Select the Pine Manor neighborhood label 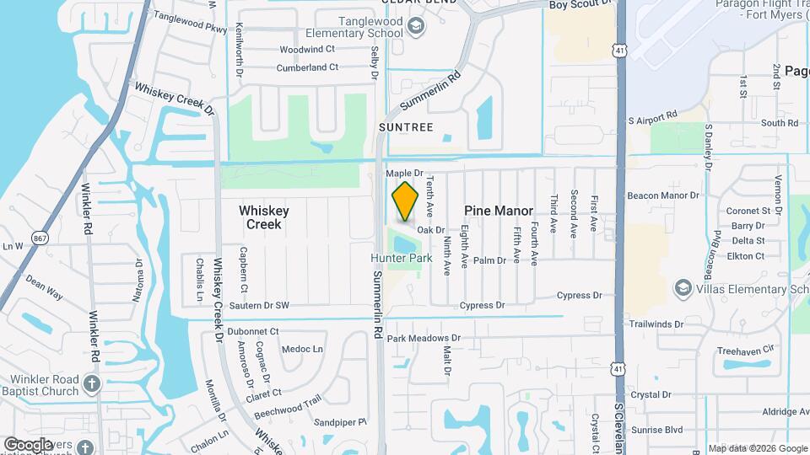click(x=499, y=211)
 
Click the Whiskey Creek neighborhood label click(x=264, y=217)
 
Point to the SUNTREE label click(x=406, y=127)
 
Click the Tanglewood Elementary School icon click(x=415, y=27)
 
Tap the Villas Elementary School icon click(x=682, y=289)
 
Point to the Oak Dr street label click(x=430, y=229)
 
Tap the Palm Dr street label click(x=489, y=260)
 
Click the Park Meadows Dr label click(x=424, y=338)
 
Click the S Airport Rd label click(x=653, y=120)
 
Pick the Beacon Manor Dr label click(x=670, y=195)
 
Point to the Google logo click(x=28, y=444)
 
